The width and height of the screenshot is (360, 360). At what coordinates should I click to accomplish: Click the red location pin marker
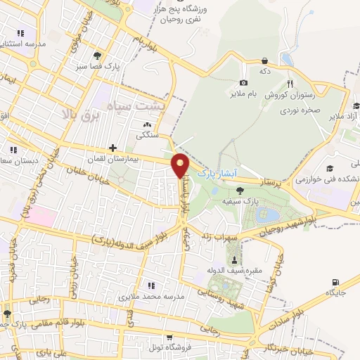click(x=181, y=165)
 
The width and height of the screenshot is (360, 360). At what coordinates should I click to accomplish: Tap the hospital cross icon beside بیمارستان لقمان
click(x=112, y=148)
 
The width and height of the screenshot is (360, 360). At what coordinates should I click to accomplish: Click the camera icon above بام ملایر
click(x=244, y=83)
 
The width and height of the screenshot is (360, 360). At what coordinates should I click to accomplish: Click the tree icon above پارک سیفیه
click(x=241, y=190)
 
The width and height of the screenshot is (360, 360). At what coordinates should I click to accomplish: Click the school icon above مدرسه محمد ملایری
click(x=150, y=285)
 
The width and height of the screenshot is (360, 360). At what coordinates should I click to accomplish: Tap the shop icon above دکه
click(x=264, y=61)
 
